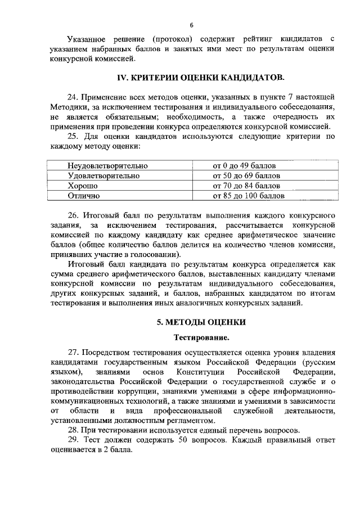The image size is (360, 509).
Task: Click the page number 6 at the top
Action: (191, 25)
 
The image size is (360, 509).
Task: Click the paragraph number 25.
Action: (73, 136)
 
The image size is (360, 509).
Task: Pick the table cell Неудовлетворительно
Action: (107, 166)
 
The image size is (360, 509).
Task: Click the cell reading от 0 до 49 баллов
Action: (244, 166)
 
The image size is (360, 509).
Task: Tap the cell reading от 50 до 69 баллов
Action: (246, 176)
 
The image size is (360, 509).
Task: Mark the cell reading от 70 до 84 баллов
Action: (246, 186)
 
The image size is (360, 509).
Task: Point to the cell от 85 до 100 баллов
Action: (248, 196)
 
